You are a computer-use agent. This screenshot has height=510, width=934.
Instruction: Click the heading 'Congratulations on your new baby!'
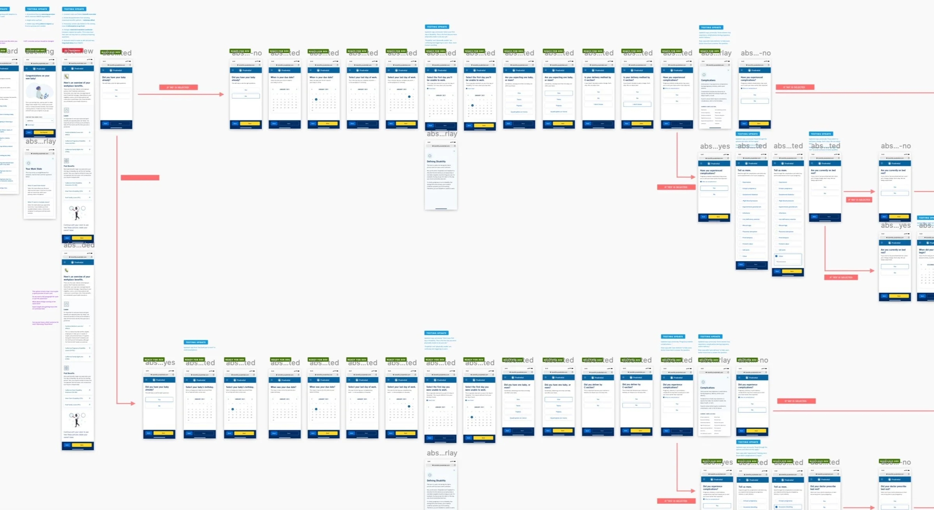click(x=37, y=77)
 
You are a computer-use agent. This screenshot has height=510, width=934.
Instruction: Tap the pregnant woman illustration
click(x=39, y=92)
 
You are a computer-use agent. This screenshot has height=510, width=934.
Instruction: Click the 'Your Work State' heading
click(x=34, y=169)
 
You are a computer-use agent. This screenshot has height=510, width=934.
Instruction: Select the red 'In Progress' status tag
click(x=72, y=51)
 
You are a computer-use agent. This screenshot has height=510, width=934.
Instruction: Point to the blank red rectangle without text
click(x=140, y=178)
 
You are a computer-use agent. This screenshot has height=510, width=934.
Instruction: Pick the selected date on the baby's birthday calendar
click(x=233, y=409)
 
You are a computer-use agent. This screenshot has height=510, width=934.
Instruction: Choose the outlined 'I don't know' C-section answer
click(x=637, y=104)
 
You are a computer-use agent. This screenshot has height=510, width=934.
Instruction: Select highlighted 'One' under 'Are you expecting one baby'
click(x=559, y=93)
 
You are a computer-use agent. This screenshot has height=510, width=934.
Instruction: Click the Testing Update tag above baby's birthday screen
click(x=196, y=342)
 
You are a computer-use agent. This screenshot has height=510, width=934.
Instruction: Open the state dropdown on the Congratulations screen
click(x=39, y=121)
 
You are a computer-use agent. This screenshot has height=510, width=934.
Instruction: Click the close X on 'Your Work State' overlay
click(x=53, y=158)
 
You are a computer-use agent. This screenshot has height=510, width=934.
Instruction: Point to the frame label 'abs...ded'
click(x=79, y=245)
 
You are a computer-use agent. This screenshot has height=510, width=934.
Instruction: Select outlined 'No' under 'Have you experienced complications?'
click(x=755, y=101)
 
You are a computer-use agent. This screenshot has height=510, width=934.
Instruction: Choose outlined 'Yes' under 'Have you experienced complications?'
click(x=714, y=188)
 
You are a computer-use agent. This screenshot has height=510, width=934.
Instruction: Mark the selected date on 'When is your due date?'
click(x=316, y=99)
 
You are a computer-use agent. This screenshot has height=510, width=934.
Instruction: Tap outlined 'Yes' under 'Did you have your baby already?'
click(x=159, y=400)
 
